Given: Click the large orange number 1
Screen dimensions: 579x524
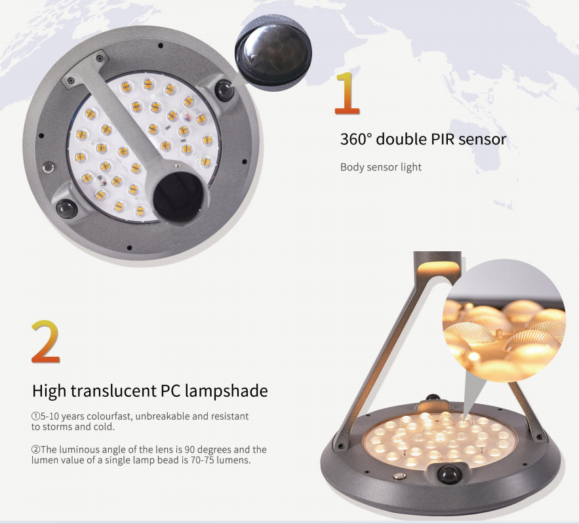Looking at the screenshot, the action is coord(348,92).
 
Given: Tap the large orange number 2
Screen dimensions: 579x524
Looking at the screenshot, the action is coord(45,341).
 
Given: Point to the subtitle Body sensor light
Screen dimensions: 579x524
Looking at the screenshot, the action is coord(381,167).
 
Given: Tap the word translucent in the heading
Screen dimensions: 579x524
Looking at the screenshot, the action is coord(113,391).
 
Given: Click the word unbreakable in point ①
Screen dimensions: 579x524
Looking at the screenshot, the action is coord(163,416).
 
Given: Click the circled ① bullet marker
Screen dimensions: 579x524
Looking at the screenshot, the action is coord(35,416).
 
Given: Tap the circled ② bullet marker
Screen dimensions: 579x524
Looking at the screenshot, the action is coord(35,450).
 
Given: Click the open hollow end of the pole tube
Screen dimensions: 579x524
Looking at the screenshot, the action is coord(178,196).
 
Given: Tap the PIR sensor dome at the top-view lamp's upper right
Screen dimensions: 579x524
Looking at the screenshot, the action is coord(224,90).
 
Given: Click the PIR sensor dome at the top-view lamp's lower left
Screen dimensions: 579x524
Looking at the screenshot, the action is coord(66,209).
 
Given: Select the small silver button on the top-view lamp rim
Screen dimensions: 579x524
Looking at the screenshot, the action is coord(48,168).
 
